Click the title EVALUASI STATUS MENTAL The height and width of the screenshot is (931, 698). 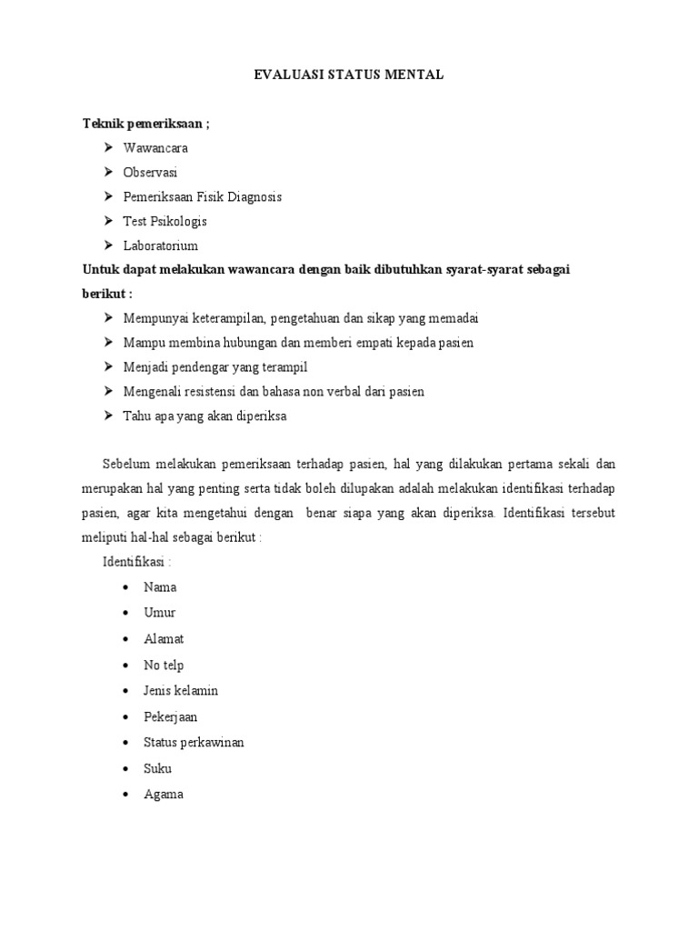348,75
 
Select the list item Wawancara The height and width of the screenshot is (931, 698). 155,147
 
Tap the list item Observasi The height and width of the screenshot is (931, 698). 151,172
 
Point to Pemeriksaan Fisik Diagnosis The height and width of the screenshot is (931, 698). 203,196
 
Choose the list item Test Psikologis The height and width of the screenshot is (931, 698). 165,221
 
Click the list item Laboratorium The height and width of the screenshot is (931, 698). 161,245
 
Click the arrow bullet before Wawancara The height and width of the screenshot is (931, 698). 108,147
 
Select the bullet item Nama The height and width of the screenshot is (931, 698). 160,587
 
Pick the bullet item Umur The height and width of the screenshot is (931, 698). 160,613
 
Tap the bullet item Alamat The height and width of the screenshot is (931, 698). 164,639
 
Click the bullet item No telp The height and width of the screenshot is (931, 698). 164,665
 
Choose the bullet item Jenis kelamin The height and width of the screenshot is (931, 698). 181,691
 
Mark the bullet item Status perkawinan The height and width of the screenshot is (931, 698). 194,742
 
